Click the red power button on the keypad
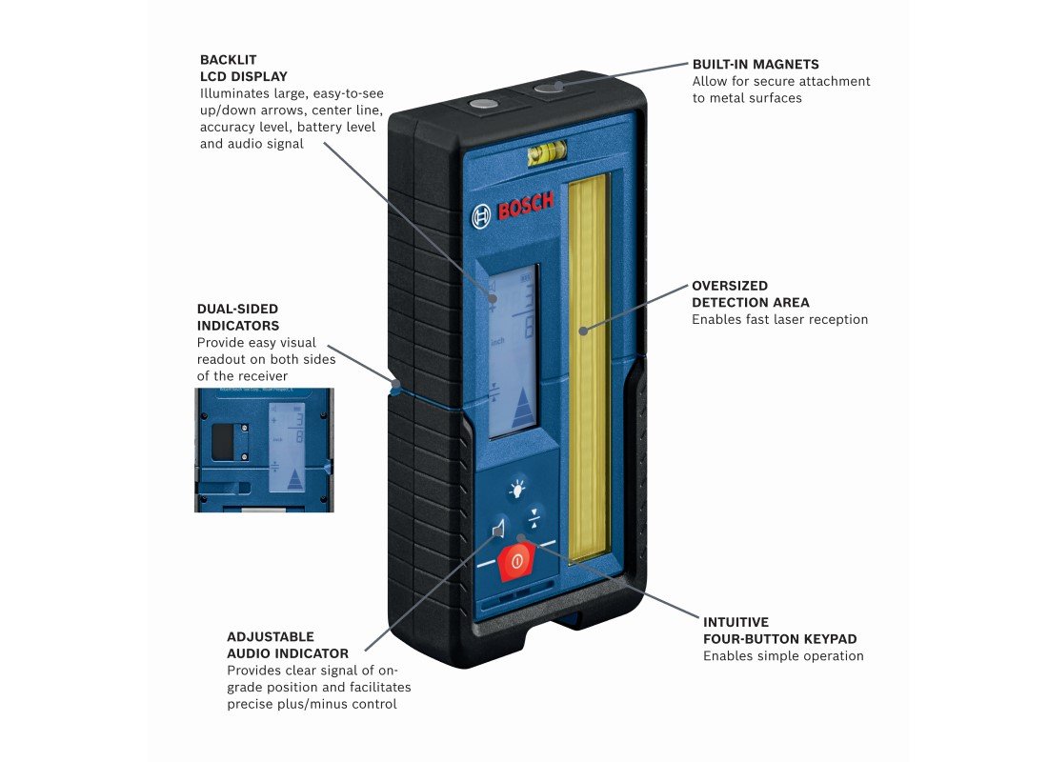[x=517, y=561]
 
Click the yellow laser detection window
[x=588, y=367]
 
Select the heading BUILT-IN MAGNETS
[x=756, y=65]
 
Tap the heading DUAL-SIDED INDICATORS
[x=237, y=317]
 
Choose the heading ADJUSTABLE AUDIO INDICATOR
[x=288, y=645]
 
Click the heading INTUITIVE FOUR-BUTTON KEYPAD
[x=779, y=630]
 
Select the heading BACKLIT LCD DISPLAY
[x=243, y=68]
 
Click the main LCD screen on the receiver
[x=512, y=352]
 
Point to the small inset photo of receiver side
[x=264, y=450]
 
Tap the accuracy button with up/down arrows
[x=534, y=517]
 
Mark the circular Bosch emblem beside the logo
[x=481, y=216]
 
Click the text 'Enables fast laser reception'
[x=779, y=320]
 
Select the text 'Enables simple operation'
[x=783, y=656]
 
